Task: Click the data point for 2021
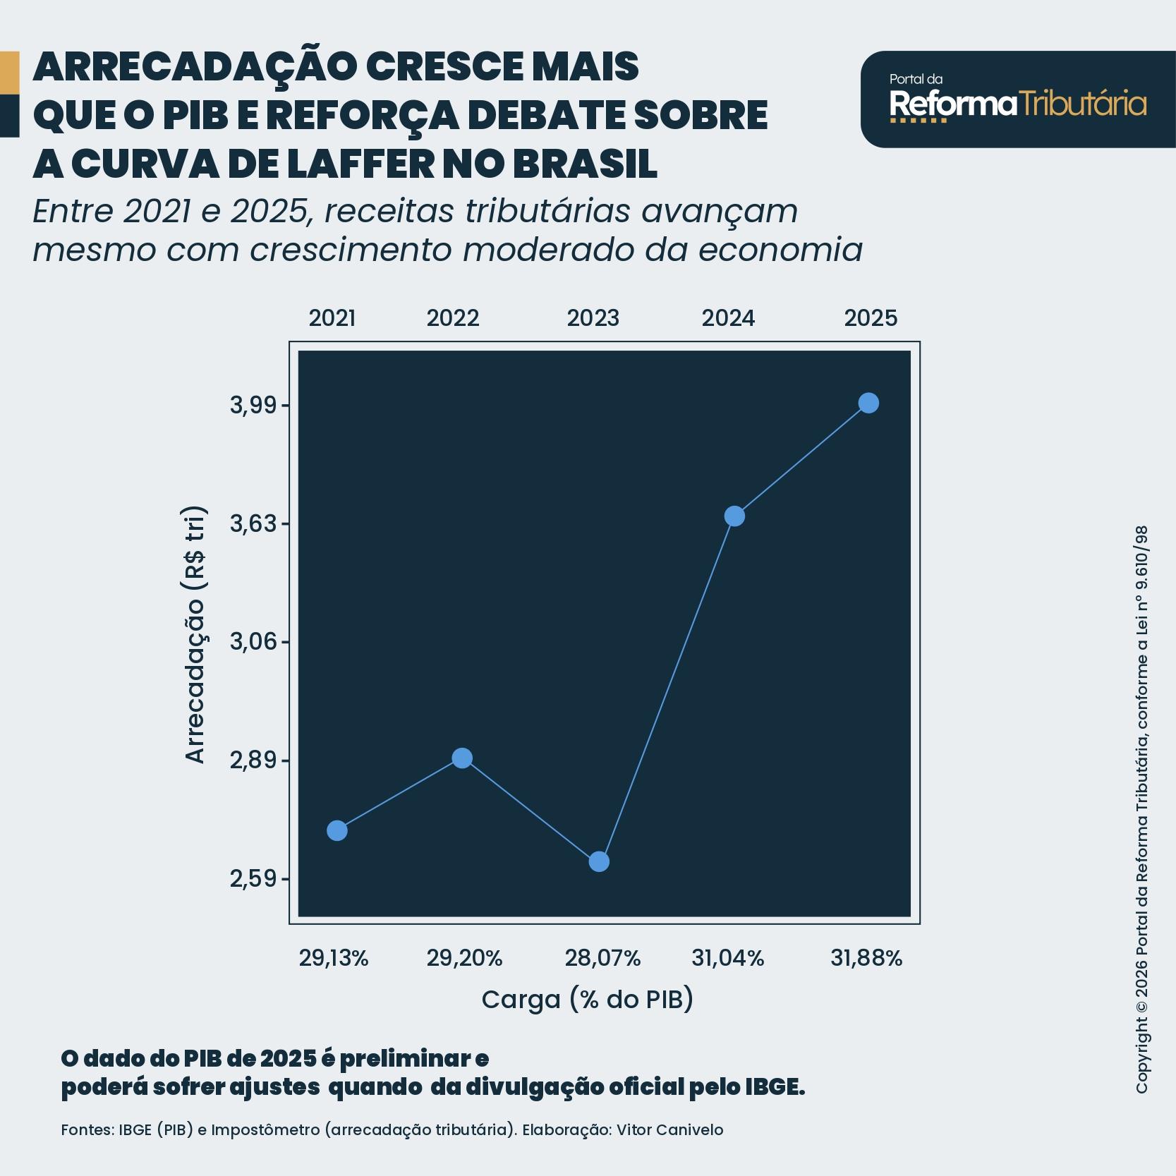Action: point(337,830)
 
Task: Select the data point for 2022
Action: point(462,758)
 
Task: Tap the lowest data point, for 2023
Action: point(599,861)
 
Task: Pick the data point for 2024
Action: point(734,516)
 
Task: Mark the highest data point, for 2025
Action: point(868,403)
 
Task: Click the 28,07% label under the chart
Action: point(602,958)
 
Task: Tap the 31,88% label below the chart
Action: point(866,958)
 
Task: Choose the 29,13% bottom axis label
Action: point(334,958)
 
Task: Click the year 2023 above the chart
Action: point(593,318)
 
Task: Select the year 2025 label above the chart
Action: point(871,318)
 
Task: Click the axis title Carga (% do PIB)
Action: point(587,999)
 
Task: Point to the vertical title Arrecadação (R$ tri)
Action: point(195,635)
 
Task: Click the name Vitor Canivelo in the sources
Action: point(669,1129)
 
